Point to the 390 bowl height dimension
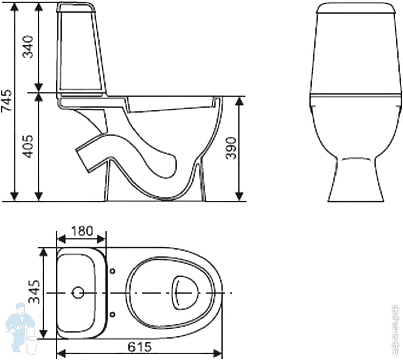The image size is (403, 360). (231, 149)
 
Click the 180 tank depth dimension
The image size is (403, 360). (81, 231)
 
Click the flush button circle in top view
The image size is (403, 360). (78, 292)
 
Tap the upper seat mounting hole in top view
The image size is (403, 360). (112, 272)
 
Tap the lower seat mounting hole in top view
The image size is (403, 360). (112, 314)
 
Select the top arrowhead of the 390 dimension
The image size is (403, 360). (240, 101)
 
